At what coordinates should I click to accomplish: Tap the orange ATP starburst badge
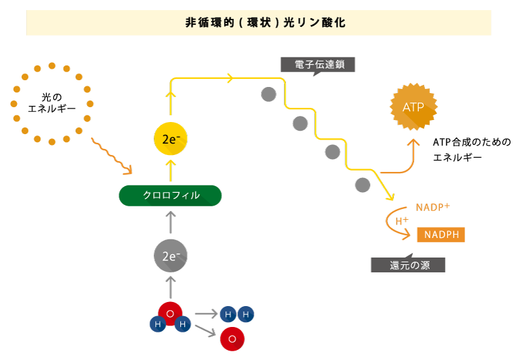pyautogui.click(x=413, y=107)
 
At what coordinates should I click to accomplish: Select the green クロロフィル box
pyautogui.click(x=170, y=196)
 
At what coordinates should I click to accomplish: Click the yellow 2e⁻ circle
pyautogui.click(x=170, y=140)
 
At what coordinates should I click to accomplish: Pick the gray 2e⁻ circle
pyautogui.click(x=170, y=256)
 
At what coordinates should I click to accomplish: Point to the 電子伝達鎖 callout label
pyautogui.click(x=318, y=65)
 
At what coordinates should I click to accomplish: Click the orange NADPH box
pyautogui.click(x=441, y=235)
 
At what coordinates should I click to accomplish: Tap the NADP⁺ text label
pyautogui.click(x=432, y=207)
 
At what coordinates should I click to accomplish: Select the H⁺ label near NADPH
pyautogui.click(x=401, y=220)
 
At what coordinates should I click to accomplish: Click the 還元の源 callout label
pyautogui.click(x=409, y=265)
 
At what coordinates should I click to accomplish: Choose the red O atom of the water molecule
pyautogui.click(x=170, y=313)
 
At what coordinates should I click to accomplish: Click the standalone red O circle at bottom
pyautogui.click(x=232, y=339)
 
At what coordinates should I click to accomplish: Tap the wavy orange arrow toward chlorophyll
pyautogui.click(x=111, y=157)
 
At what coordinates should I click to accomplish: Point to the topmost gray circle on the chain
pyautogui.click(x=268, y=94)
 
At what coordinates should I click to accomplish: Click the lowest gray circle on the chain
pyautogui.click(x=362, y=185)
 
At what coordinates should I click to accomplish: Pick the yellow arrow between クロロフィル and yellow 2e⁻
pyautogui.click(x=170, y=170)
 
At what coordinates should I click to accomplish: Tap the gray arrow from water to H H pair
pyautogui.click(x=206, y=313)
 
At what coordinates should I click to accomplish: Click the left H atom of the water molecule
pyautogui.click(x=158, y=324)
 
